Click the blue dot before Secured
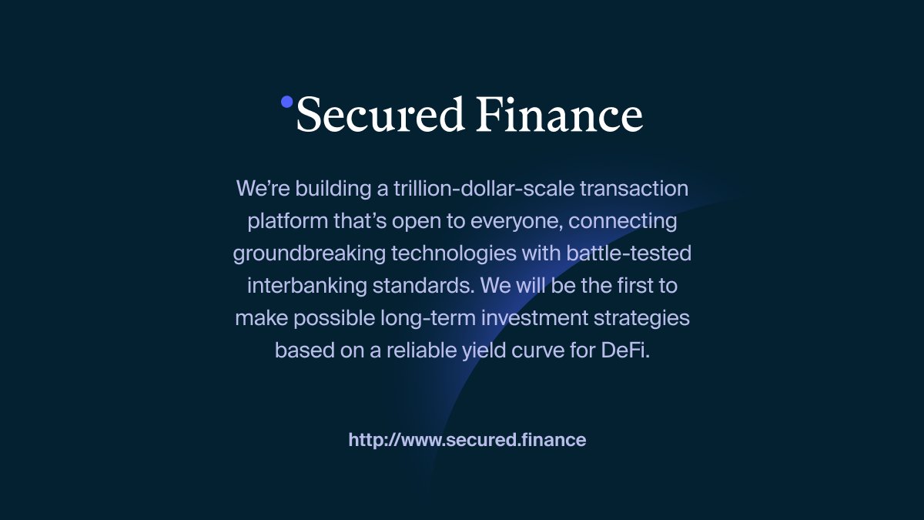pos(287,102)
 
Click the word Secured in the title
pos(380,116)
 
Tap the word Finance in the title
pos(559,116)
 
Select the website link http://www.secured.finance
pos(467,440)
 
